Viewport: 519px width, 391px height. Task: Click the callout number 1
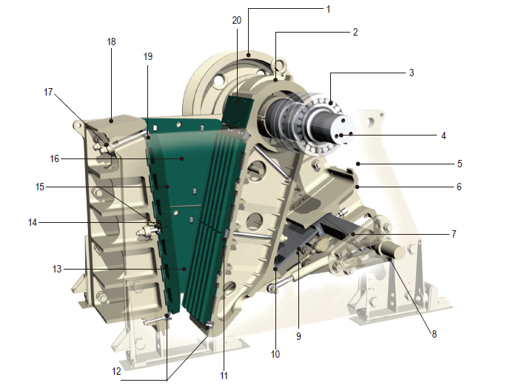click(x=328, y=10)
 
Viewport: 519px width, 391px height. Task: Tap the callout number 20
click(x=237, y=21)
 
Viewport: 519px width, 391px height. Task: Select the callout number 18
click(x=111, y=41)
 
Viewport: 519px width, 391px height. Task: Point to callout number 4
click(x=443, y=136)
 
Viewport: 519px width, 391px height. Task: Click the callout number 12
click(x=116, y=372)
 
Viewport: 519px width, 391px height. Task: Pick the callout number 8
click(x=435, y=334)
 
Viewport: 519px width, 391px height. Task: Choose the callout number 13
click(x=57, y=269)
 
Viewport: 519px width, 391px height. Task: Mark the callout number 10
click(x=275, y=354)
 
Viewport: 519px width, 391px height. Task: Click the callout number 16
click(x=54, y=159)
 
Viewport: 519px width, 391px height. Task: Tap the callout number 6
click(x=459, y=187)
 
